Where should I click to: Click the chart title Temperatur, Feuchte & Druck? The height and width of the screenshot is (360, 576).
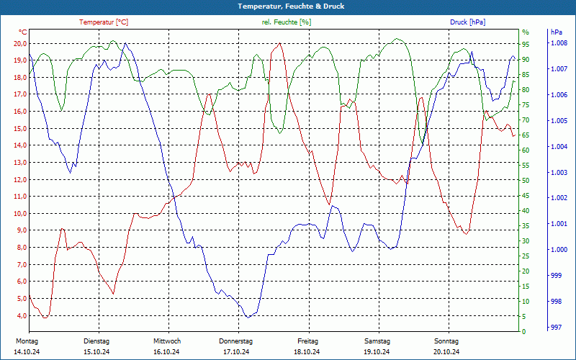pyautogui.click(x=288, y=6)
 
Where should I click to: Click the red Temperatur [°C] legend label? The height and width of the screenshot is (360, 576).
pyautogui.click(x=104, y=22)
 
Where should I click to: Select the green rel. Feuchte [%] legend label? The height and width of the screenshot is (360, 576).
pyautogui.click(x=287, y=22)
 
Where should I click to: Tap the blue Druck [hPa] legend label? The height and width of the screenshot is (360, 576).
pyautogui.click(x=467, y=22)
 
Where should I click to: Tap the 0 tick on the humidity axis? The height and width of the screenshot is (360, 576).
pyautogui.click(x=523, y=332)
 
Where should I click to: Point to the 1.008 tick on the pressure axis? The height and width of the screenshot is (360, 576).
pyautogui.click(x=559, y=44)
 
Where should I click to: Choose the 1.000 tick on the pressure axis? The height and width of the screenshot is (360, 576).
pyautogui.click(x=559, y=251)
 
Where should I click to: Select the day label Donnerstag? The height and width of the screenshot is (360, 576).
pyautogui.click(x=236, y=341)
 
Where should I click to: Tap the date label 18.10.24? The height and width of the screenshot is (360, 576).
pyautogui.click(x=307, y=352)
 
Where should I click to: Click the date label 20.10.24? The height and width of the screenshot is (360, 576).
pyautogui.click(x=446, y=352)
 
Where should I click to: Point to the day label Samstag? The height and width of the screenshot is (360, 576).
pyautogui.click(x=377, y=341)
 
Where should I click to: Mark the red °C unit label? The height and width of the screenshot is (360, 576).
pyautogui.click(x=23, y=32)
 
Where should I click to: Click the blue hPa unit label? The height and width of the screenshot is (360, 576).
pyautogui.click(x=557, y=32)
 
